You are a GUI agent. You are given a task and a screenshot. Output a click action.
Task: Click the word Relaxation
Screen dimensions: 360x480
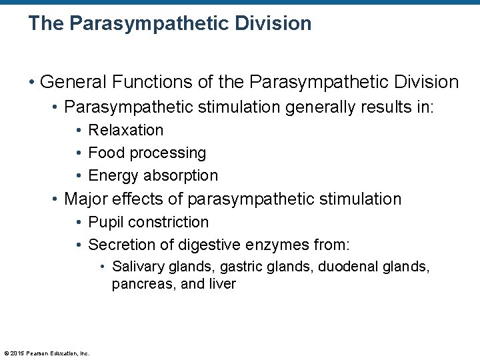125,130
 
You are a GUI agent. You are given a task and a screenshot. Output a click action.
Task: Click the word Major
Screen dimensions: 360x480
86,199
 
